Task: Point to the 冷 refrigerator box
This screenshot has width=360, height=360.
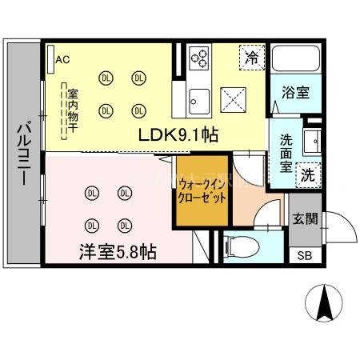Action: (x=251, y=58)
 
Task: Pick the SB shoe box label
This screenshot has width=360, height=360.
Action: (x=304, y=255)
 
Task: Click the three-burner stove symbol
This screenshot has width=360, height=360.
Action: (x=200, y=58)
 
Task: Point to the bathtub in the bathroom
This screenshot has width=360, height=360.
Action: (x=296, y=61)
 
